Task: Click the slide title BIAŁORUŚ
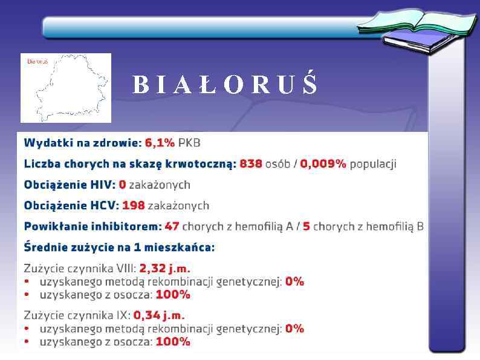[225, 85]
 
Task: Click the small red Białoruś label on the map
[37, 61]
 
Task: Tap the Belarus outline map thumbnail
[66, 88]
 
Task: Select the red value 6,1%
[160, 143]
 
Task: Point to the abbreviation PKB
[189, 143]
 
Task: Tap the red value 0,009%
[324, 164]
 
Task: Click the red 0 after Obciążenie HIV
[122, 185]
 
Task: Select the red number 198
[134, 205]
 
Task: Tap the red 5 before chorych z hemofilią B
[306, 226]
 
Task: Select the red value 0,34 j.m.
[159, 315]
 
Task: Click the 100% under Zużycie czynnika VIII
[173, 295]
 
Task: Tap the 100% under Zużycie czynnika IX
[173, 342]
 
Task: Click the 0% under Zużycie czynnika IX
[294, 329]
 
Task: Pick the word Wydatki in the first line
[44, 143]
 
